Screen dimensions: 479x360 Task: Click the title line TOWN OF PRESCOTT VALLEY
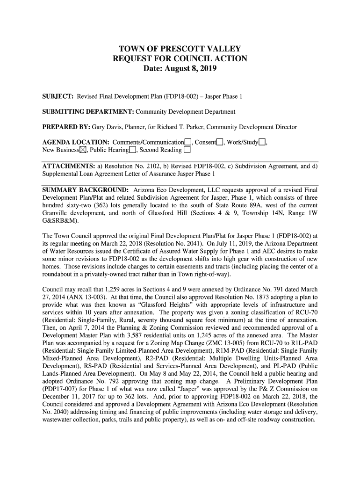[x=180, y=49]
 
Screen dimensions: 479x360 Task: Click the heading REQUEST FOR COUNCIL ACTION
[x=180, y=59]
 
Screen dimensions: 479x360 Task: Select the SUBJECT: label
[x=58, y=97]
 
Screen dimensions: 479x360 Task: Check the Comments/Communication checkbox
[x=187, y=142]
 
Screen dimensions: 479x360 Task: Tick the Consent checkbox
[x=220, y=142]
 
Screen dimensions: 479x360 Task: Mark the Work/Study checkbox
[x=262, y=142]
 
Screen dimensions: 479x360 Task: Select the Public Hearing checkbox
[x=133, y=150]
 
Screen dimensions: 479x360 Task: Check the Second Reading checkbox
[x=187, y=150]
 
